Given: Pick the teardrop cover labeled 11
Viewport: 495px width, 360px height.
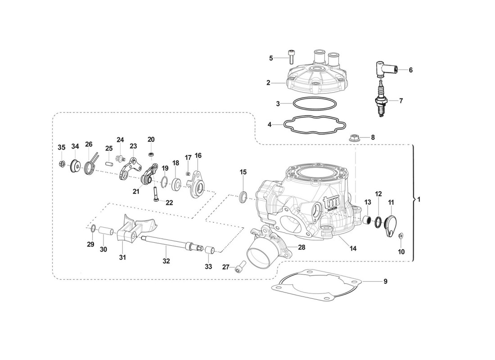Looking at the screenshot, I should click(x=390, y=226).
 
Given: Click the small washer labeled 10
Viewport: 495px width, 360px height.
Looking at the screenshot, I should click(x=401, y=234).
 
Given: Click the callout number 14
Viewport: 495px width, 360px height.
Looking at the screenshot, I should click(x=353, y=248).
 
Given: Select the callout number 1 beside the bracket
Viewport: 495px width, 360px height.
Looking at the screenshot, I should click(x=419, y=199).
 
